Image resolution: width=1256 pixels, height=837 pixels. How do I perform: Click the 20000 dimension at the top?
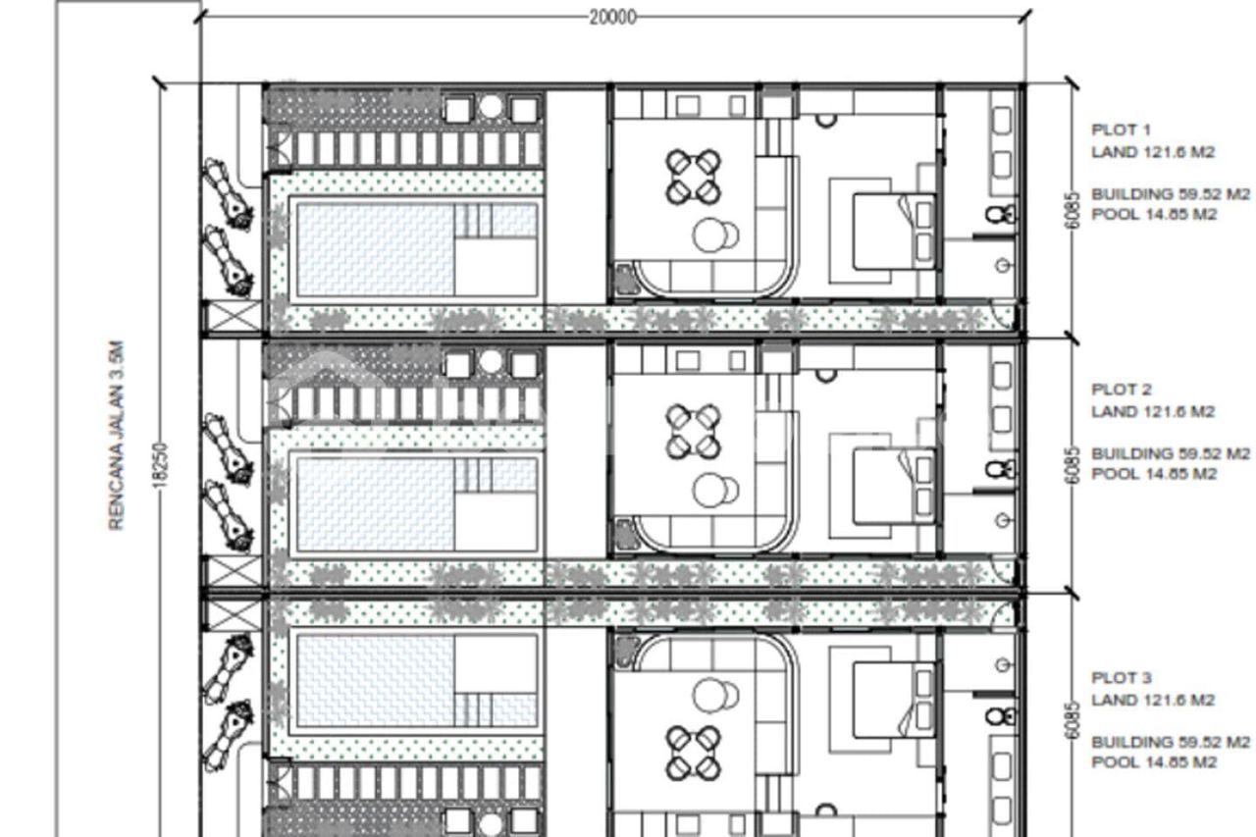[x=612, y=17]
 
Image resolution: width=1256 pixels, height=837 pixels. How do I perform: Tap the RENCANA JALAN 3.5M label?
[x=117, y=436]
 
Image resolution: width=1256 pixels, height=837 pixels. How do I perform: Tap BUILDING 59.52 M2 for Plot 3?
[x=1171, y=742]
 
